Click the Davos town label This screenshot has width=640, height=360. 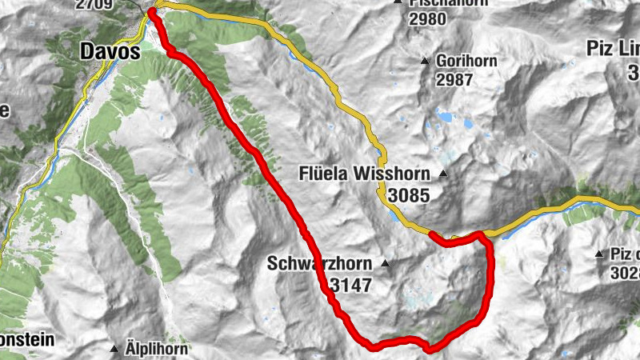pyautogui.click(x=110, y=53)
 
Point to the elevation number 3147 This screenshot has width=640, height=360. pyautogui.click(x=350, y=283)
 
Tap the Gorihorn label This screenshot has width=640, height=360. pyautogui.click(x=466, y=61)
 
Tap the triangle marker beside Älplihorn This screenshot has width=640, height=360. pyautogui.click(x=114, y=349)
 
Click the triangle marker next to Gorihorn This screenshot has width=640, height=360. pyautogui.click(x=425, y=61)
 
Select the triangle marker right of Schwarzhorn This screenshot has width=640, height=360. pyautogui.click(x=386, y=263)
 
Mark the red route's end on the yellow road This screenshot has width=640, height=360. pyautogui.click(x=431, y=234)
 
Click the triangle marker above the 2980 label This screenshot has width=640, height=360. pyautogui.click(x=398, y=2)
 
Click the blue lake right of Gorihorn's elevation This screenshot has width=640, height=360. pyautogui.click(x=443, y=117)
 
